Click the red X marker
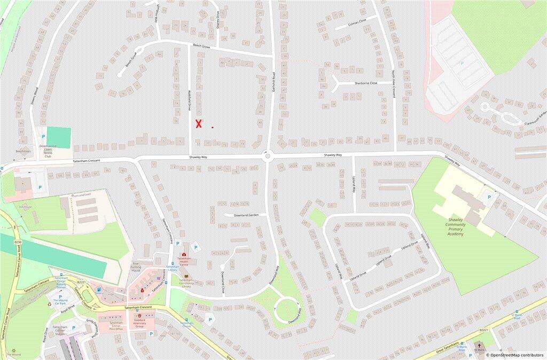199,124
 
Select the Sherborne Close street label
365,83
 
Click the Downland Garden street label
246,215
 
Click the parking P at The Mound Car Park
60,296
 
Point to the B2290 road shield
18,242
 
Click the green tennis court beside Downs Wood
59,137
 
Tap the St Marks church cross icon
479,346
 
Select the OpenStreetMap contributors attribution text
517,355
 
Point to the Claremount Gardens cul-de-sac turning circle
485,107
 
